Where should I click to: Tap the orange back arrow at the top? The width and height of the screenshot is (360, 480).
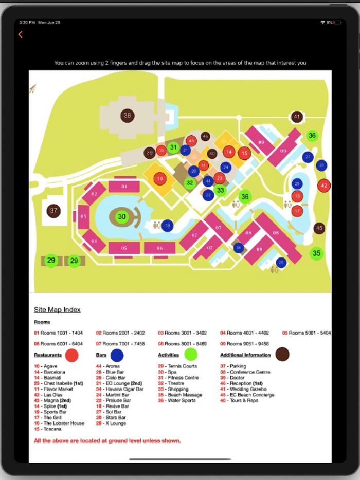click(x=20, y=34)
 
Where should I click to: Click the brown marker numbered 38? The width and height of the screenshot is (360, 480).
click(x=128, y=116)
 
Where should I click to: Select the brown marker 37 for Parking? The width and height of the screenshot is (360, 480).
click(x=53, y=210)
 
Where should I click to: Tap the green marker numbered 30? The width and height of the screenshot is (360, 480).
click(x=122, y=217)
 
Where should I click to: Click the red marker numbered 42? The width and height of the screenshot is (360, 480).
click(x=323, y=186)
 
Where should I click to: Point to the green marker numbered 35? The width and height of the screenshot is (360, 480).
click(x=316, y=253)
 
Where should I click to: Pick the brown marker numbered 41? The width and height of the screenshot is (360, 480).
click(x=297, y=117)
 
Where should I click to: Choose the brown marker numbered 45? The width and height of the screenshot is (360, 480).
click(x=319, y=228)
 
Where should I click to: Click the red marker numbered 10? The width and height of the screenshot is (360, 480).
click(x=160, y=179)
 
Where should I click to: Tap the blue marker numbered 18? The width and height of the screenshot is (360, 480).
click(x=167, y=225)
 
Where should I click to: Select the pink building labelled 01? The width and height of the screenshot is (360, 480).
click(x=124, y=187)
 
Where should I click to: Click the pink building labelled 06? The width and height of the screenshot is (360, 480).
click(x=159, y=248)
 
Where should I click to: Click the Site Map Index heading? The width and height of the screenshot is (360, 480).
click(x=57, y=310)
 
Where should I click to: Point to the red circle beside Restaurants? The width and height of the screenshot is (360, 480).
click(x=71, y=355)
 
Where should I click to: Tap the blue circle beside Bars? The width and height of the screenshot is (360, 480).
click(x=117, y=355)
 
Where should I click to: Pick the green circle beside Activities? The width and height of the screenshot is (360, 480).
click(x=191, y=354)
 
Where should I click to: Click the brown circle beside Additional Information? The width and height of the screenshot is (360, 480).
click(x=282, y=354)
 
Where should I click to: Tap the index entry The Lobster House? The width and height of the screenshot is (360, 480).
click(x=63, y=423)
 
